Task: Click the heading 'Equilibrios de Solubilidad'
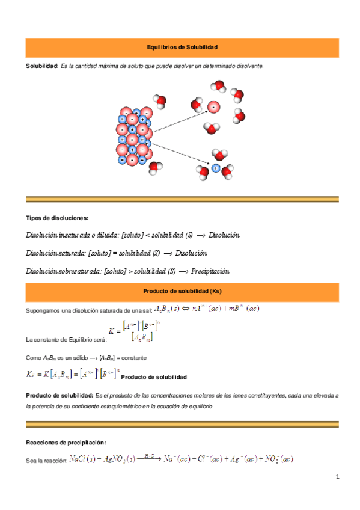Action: click(x=182, y=46)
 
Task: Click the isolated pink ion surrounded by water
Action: click(x=212, y=108)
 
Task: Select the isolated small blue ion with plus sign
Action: click(x=215, y=168)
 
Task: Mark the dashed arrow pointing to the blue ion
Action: click(x=180, y=154)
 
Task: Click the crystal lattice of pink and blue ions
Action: click(x=133, y=137)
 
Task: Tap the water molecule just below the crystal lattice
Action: click(x=155, y=168)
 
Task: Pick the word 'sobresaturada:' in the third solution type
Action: click(x=80, y=271)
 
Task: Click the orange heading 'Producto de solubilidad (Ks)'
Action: click(x=182, y=292)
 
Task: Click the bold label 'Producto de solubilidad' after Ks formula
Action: click(x=153, y=377)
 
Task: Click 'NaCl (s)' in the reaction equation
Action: click(x=87, y=459)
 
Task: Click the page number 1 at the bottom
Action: click(x=338, y=477)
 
